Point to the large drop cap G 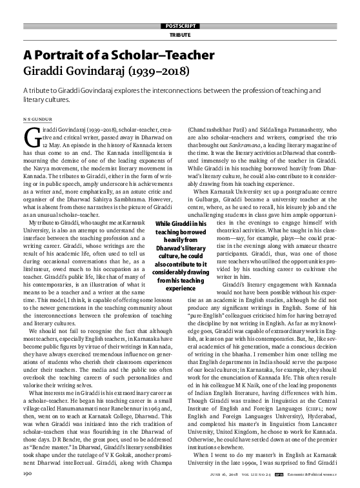click(x=28, y=136)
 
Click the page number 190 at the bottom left click(x=28, y=474)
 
